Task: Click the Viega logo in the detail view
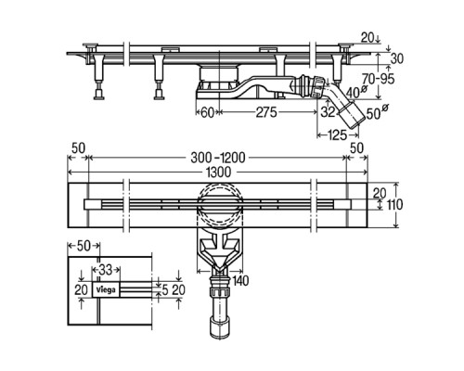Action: (106, 290)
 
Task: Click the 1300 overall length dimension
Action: (219, 172)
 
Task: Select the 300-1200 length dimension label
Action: (218, 158)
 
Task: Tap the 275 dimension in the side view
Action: (266, 112)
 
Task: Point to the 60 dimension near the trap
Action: (208, 112)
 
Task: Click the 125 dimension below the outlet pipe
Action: (336, 134)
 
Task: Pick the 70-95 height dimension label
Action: (378, 79)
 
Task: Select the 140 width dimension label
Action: (240, 281)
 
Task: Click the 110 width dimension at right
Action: (394, 205)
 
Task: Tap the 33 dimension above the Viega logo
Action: (106, 270)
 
